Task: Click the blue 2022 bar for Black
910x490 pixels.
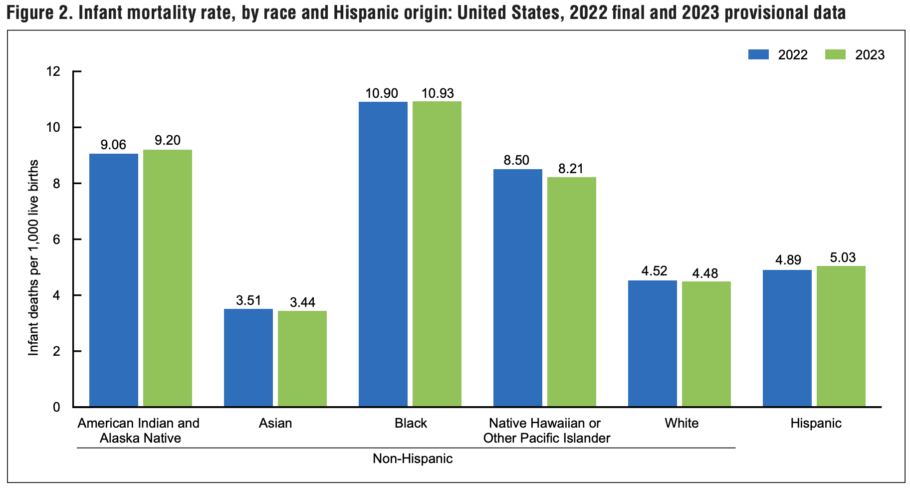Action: point(383,254)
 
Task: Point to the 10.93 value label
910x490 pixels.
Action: point(437,93)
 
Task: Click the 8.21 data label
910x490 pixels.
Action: point(571,169)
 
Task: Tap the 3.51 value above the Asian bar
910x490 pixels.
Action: point(248,300)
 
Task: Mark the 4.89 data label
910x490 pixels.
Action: point(788,260)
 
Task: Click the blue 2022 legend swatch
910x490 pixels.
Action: point(758,54)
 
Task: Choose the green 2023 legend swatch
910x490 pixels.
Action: point(835,54)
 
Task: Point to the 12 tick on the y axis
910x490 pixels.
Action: point(53,71)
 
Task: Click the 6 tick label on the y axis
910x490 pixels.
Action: point(56,240)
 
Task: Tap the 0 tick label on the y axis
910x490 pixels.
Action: point(56,407)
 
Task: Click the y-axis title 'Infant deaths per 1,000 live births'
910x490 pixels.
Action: point(33,258)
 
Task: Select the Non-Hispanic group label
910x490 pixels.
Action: point(413,459)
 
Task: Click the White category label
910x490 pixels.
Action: point(682,423)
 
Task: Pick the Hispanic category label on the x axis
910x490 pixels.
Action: point(816,423)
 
